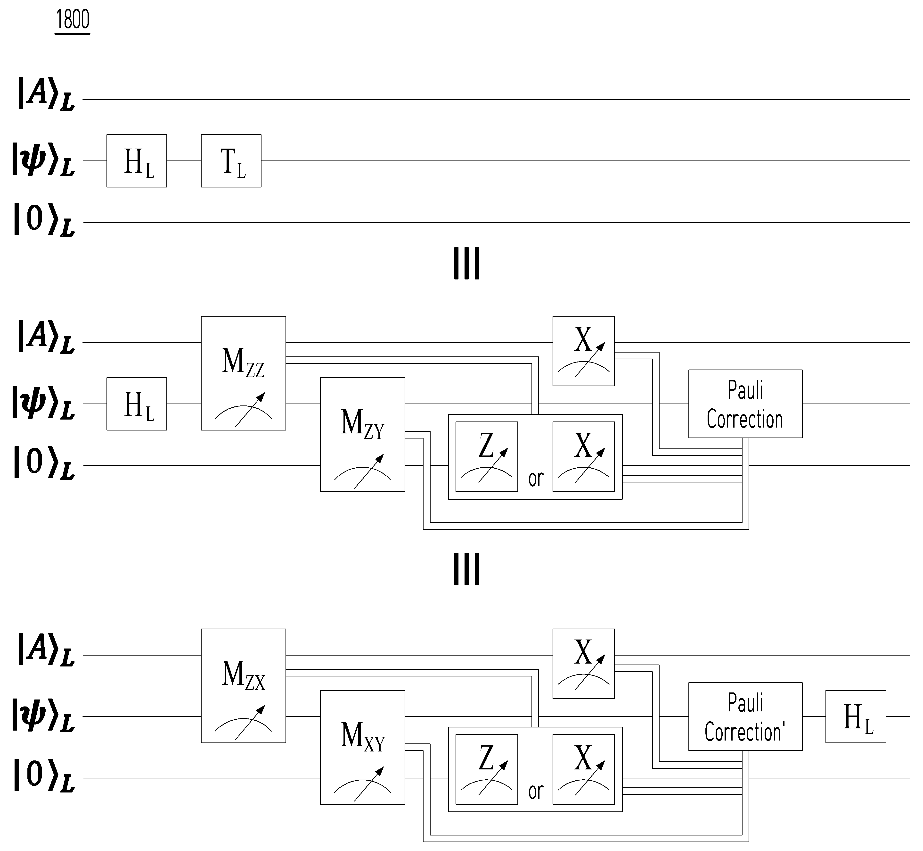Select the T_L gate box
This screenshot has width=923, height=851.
(x=231, y=161)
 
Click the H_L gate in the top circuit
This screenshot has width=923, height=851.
(x=137, y=161)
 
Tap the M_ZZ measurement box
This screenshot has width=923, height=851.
(x=243, y=373)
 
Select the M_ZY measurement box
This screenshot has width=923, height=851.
(x=363, y=434)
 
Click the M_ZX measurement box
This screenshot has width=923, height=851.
(x=243, y=686)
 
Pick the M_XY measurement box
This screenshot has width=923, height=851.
(x=363, y=747)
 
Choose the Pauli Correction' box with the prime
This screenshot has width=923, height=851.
(x=745, y=716)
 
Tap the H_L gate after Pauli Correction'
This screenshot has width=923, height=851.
(x=856, y=716)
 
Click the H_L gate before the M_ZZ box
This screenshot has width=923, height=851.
(x=137, y=404)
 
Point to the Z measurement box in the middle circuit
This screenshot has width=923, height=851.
(x=487, y=456)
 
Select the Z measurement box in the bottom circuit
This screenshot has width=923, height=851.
(x=487, y=769)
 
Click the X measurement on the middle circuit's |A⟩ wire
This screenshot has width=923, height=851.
(x=583, y=351)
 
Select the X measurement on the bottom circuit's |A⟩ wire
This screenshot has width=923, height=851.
(x=583, y=664)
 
